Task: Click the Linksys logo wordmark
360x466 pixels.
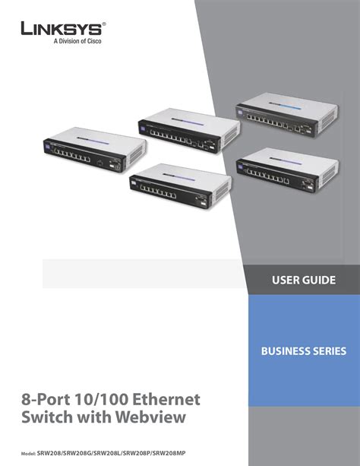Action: coord(62,29)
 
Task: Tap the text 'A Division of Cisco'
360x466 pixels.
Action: coord(77,41)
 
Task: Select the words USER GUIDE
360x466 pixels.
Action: coord(304,280)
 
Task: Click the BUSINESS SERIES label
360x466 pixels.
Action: coord(304,351)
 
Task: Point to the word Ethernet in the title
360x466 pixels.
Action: coord(166,399)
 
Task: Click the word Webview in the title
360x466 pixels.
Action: coord(150,417)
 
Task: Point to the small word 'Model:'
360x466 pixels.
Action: coord(28,454)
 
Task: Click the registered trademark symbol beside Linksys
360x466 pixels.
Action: coord(103,24)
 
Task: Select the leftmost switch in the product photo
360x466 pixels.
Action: coord(95,149)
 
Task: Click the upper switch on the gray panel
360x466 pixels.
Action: coord(287,115)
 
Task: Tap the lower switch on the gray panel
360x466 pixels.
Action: coord(288,170)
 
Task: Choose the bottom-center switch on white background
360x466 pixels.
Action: coord(181,186)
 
